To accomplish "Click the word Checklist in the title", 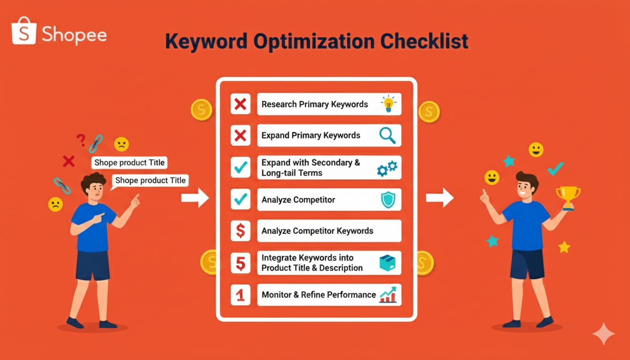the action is click(x=424, y=41).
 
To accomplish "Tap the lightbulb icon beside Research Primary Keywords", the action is click(x=389, y=104).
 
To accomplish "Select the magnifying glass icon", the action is click(x=388, y=135).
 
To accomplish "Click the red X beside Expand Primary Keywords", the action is click(x=240, y=135).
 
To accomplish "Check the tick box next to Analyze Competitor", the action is click(x=240, y=199).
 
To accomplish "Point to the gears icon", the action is click(x=387, y=168).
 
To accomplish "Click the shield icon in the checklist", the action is click(x=388, y=200).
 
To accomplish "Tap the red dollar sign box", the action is click(x=240, y=231).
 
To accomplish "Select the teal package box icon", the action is click(x=388, y=263).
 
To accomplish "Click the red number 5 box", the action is click(x=240, y=263).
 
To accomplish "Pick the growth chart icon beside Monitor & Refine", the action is click(x=388, y=294).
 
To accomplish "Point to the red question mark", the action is click(x=81, y=140).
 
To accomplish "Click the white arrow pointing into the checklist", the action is click(x=195, y=198).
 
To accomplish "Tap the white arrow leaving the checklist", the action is click(x=440, y=198).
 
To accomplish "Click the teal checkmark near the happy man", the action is click(x=555, y=169).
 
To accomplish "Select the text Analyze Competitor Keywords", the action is click(x=317, y=231).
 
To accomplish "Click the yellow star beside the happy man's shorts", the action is click(x=564, y=247).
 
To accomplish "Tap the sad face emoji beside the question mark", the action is click(x=121, y=144).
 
